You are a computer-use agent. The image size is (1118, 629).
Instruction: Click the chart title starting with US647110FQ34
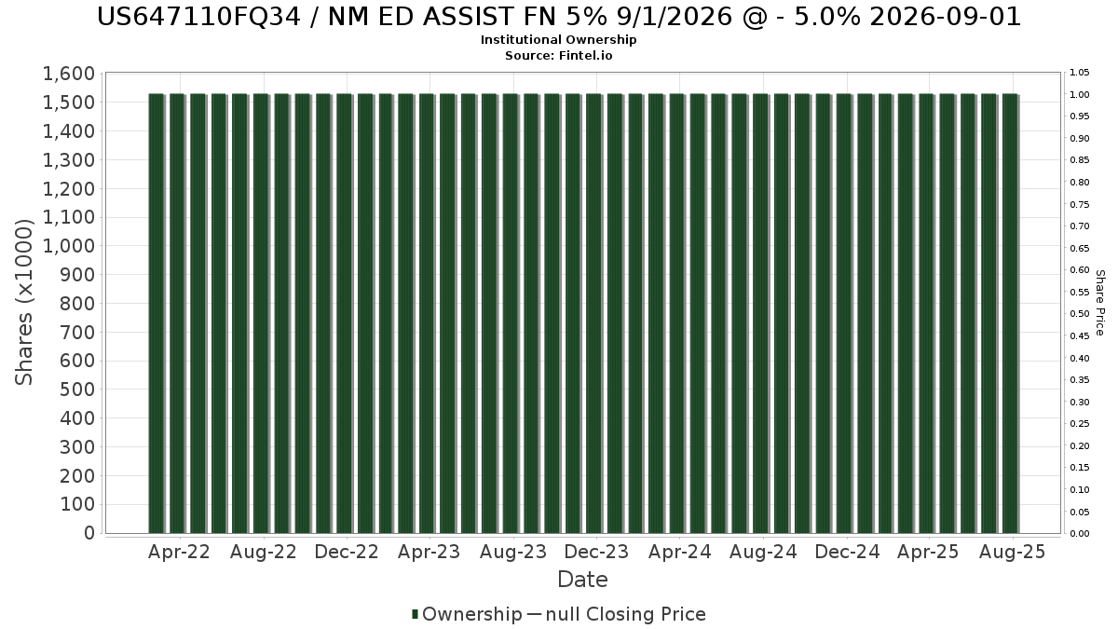coord(558,17)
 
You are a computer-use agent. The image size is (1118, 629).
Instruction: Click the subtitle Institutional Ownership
coord(558,40)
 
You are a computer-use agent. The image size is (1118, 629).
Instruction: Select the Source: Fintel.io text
coord(558,55)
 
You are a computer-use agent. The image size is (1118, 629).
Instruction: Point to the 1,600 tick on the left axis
coord(69,74)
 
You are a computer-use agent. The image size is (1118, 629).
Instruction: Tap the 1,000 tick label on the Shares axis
coord(69,246)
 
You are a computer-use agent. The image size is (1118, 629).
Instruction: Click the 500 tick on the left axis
coord(77,390)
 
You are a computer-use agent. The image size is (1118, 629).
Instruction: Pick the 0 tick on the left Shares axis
coord(89,533)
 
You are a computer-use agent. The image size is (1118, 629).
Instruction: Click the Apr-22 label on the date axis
coord(179,552)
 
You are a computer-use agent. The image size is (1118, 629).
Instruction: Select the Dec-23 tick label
coord(596,552)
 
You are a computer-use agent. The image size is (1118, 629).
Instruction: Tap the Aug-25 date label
coord(1012,552)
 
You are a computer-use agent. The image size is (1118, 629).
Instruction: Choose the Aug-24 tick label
coord(763,552)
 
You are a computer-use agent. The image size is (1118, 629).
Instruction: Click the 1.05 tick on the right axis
coord(1079,73)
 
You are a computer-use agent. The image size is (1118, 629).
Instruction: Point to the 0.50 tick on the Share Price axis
coord(1079,314)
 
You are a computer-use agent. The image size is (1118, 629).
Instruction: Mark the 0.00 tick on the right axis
coord(1079,534)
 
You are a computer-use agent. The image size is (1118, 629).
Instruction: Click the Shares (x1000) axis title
coord(23,303)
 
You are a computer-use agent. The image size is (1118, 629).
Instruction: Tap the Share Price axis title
coord(1099,303)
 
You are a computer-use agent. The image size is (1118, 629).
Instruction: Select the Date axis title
coord(582,580)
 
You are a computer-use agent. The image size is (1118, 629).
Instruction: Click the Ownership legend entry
coord(467,614)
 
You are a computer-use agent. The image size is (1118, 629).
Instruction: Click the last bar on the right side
coord(1010,313)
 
